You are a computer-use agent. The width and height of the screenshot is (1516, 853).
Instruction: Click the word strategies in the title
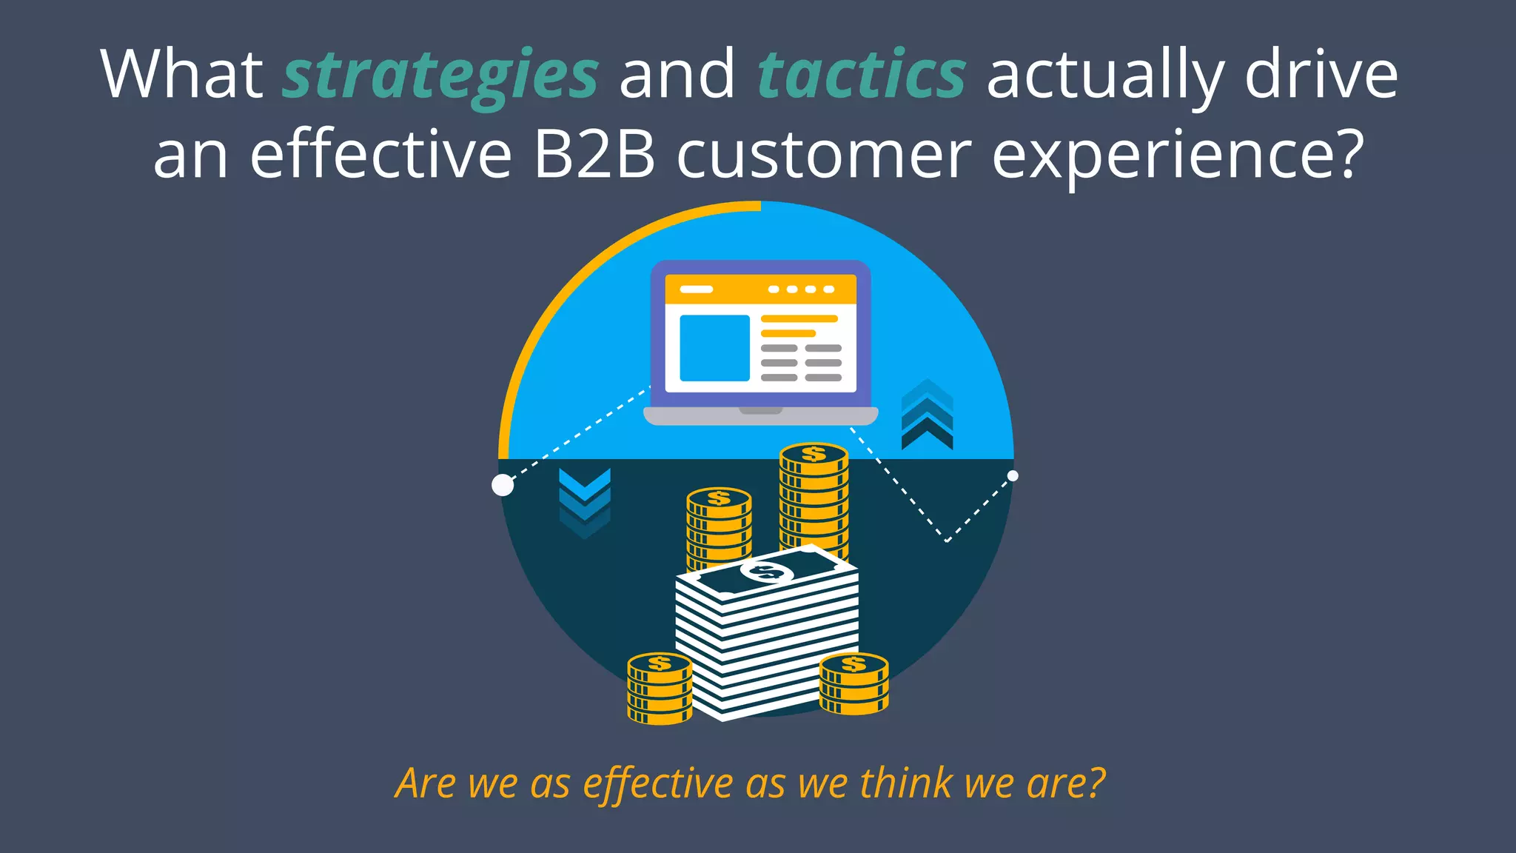(440, 76)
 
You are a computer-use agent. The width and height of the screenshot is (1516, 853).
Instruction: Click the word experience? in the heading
(1177, 155)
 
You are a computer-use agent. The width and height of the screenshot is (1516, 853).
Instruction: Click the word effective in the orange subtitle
(658, 783)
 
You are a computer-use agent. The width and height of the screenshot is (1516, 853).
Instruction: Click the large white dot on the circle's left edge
(503, 485)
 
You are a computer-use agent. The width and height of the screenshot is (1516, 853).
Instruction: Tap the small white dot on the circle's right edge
(1013, 475)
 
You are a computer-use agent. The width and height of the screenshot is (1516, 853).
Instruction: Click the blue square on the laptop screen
(714, 348)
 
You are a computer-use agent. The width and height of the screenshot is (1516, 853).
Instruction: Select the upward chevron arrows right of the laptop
(927, 415)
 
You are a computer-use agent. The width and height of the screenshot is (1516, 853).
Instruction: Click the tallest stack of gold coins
(814, 500)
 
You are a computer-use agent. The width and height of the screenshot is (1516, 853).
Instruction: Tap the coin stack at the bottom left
(660, 688)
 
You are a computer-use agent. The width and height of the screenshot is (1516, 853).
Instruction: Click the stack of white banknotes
(766, 637)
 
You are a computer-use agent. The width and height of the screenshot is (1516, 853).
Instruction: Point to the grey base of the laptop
(760, 416)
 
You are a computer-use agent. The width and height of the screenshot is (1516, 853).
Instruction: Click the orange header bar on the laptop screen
(760, 289)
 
